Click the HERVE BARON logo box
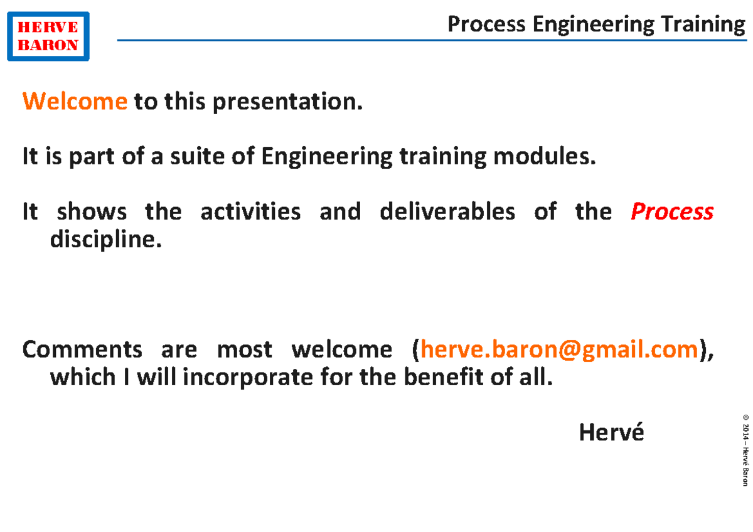(48, 36)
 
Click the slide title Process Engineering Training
(596, 24)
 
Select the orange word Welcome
(75, 101)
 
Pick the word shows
(92, 211)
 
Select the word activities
(250, 211)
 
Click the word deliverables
(447, 211)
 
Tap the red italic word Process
(671, 212)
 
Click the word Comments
(82, 349)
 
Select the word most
(244, 349)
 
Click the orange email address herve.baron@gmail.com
(558, 349)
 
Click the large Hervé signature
(611, 432)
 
